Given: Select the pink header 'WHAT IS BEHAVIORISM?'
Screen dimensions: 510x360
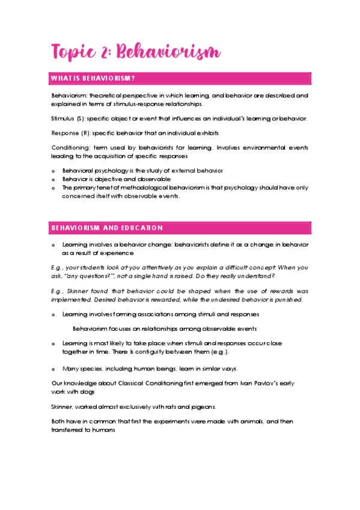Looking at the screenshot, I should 93,79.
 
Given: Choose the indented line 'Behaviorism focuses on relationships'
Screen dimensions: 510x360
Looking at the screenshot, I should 165,328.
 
